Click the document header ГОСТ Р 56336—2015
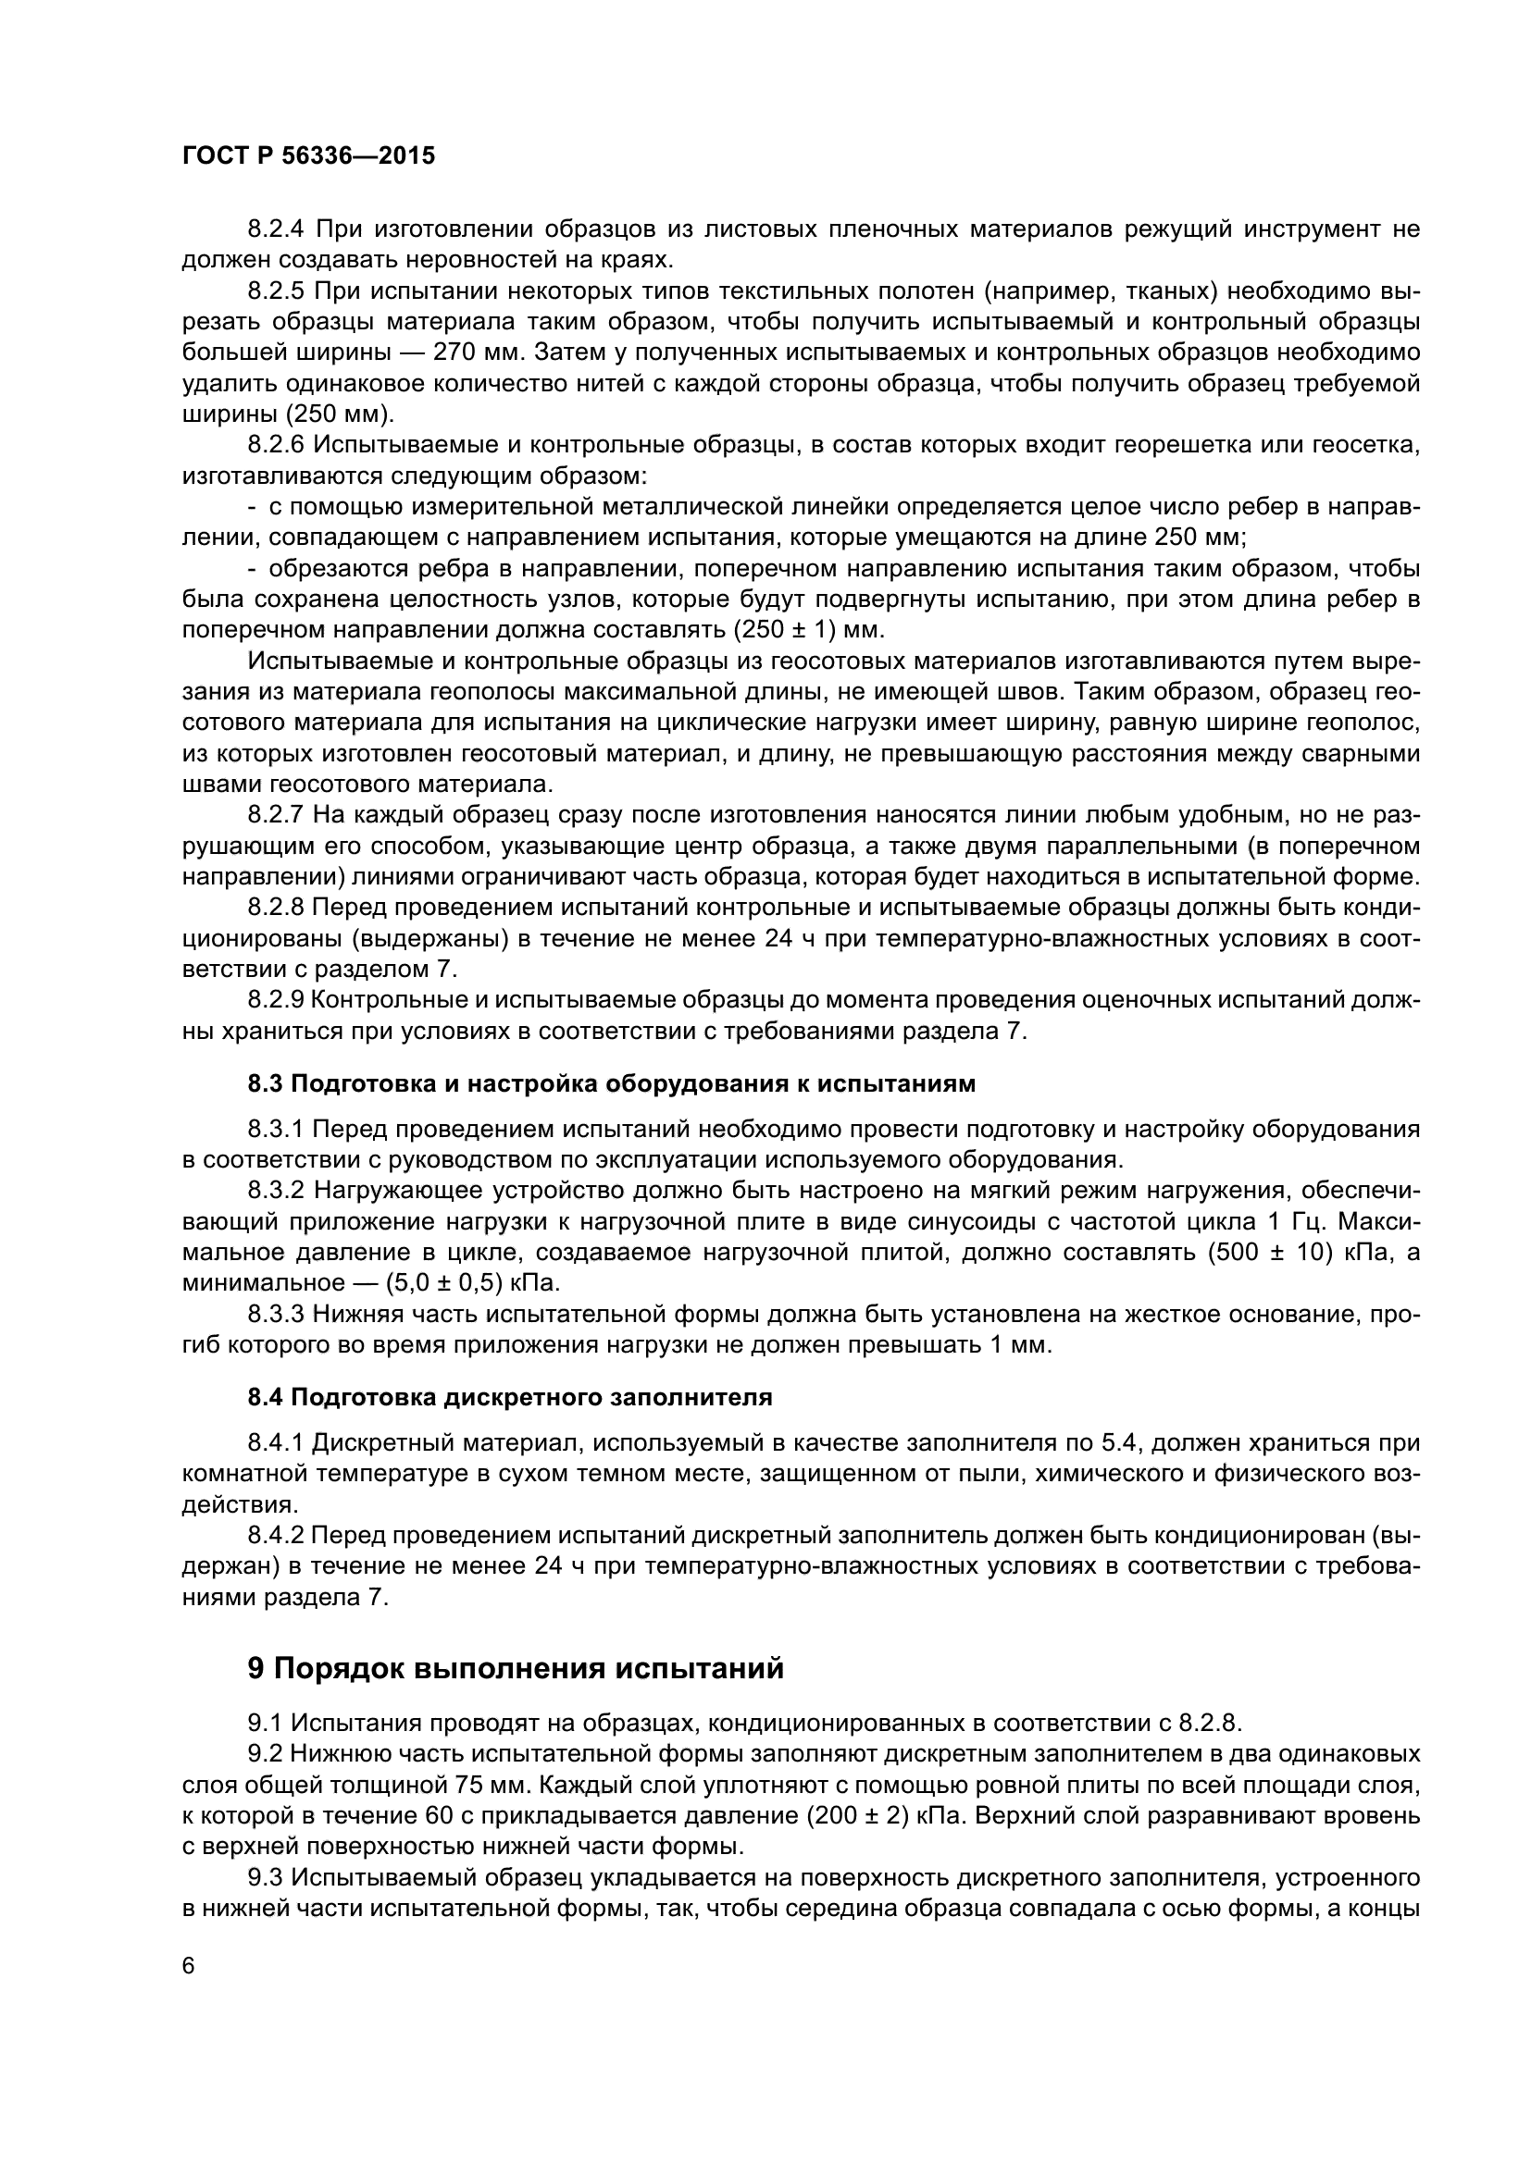[308, 156]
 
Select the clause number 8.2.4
[275, 229]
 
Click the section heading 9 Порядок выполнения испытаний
[516, 1667]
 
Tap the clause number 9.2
[265, 1753]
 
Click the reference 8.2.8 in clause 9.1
[1210, 1723]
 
